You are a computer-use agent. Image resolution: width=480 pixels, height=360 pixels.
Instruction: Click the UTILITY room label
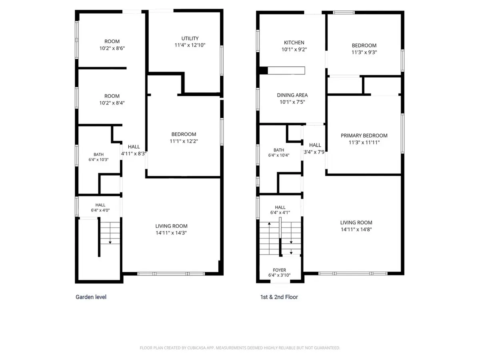[x=190, y=38]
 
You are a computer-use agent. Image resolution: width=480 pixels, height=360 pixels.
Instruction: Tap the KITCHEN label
[x=294, y=43]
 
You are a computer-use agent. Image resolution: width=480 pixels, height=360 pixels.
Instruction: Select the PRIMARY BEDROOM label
[x=364, y=136]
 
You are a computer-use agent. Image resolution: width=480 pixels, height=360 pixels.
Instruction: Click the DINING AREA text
[x=292, y=95]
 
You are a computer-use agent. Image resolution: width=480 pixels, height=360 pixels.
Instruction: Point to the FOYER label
[x=279, y=270]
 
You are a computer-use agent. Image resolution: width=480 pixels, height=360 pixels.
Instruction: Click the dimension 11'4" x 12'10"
[x=190, y=45]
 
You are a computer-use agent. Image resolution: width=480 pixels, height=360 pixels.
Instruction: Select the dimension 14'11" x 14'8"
[x=356, y=229]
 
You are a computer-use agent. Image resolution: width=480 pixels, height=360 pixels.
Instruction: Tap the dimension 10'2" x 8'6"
[x=112, y=48]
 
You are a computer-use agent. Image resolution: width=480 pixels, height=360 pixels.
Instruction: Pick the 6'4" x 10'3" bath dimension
[x=98, y=160]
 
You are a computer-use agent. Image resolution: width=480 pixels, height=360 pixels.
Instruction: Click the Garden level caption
[x=91, y=297]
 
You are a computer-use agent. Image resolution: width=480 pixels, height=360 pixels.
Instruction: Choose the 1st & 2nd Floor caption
[x=279, y=297]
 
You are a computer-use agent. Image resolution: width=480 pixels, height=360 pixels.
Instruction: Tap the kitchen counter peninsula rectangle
[x=286, y=70]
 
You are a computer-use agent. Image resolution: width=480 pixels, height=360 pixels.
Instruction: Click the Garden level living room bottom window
[x=171, y=274]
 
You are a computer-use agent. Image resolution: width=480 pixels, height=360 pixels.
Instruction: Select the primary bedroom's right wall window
[x=402, y=133]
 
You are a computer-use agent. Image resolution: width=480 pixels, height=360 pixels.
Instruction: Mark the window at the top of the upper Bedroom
[x=344, y=12]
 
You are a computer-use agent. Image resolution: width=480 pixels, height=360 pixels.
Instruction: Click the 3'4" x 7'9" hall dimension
[x=314, y=152]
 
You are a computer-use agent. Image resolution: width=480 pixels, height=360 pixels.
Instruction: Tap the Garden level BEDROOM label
[x=184, y=134]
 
